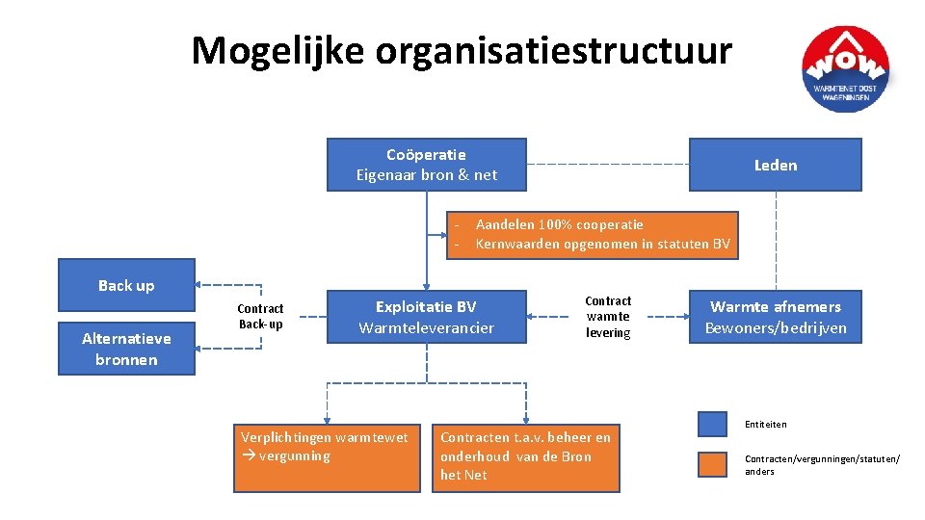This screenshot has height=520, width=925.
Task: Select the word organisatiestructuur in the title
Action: point(553,50)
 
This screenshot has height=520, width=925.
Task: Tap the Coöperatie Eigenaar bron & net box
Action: point(427,165)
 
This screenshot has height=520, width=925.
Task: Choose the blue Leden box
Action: point(775,165)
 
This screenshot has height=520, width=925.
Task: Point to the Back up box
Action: point(126,285)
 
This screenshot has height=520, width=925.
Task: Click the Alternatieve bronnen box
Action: point(126,349)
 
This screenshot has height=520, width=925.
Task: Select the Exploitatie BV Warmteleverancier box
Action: point(426,317)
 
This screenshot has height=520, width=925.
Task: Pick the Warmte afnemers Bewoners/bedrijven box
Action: point(775,317)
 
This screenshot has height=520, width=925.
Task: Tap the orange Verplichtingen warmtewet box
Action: point(327,457)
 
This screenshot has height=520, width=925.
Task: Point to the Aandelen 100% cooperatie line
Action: point(559,224)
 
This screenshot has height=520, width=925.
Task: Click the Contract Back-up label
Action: point(260,316)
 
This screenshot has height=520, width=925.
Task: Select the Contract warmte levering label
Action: point(608,317)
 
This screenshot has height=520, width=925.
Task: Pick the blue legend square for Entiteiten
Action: point(712,425)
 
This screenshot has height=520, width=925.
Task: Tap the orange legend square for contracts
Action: point(712,465)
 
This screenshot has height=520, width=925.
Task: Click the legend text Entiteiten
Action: point(765,425)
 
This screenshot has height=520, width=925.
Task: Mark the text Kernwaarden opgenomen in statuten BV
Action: point(602,244)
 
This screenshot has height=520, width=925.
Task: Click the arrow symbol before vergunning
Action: point(248,456)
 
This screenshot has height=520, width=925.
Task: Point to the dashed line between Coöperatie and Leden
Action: point(607,164)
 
